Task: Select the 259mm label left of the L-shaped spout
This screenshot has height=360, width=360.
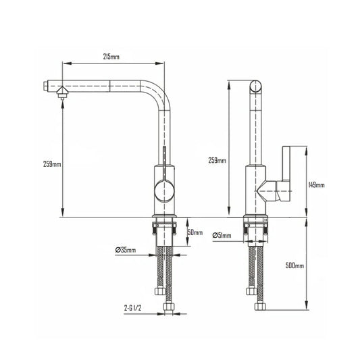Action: [x=51, y=164]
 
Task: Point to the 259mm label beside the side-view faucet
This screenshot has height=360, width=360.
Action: [x=217, y=160]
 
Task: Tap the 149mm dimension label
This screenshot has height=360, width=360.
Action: [x=315, y=184]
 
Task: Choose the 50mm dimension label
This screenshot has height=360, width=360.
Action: [x=195, y=232]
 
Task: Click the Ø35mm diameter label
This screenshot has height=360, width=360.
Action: [x=125, y=251]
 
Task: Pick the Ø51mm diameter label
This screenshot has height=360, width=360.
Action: [x=222, y=235]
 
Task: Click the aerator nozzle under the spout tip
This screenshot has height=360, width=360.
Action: [x=62, y=95]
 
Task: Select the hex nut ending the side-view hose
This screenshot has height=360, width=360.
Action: [x=259, y=306]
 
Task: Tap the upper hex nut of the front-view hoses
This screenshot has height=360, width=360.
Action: [x=159, y=292]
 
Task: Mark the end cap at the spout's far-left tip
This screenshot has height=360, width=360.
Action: [x=45, y=86]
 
